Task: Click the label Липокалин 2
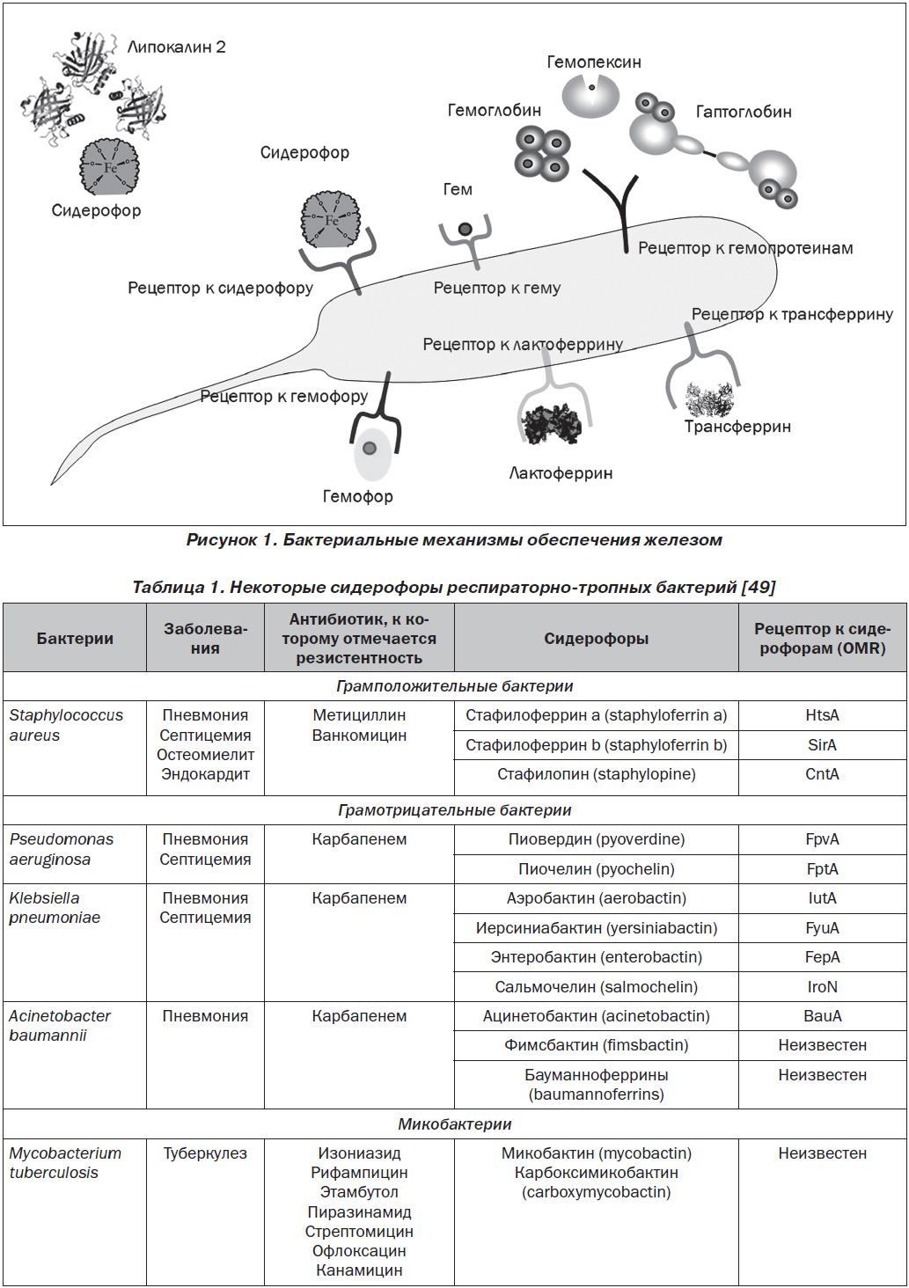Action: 177,48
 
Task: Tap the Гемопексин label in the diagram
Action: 594,62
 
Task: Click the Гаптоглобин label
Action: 744,112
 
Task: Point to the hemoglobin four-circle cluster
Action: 542,152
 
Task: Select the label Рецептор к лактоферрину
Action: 523,344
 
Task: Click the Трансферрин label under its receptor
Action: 737,427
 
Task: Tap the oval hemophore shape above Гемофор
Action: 371,453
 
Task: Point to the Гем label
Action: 458,189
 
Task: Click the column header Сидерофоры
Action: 597,638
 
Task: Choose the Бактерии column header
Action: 75,638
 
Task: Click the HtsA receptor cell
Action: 822,715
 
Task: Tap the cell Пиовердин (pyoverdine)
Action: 597,839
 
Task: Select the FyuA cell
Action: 822,928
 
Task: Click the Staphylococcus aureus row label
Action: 66,725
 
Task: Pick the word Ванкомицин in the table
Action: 359,735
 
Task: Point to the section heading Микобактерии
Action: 455,1124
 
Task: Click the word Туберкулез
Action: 205,1153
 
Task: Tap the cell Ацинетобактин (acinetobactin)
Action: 597,1016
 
